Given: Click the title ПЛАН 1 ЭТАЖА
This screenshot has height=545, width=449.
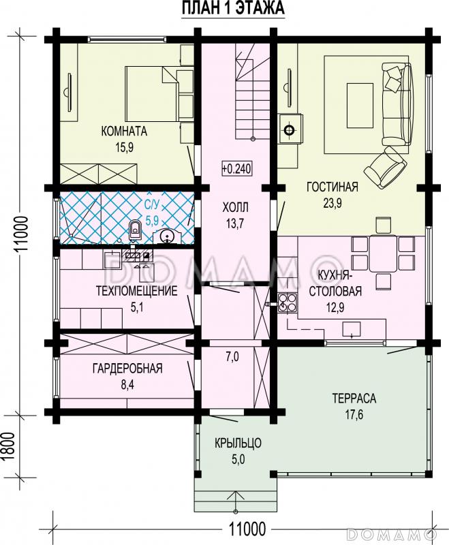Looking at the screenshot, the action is (233, 8).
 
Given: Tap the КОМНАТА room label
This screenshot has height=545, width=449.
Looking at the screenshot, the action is (124, 131).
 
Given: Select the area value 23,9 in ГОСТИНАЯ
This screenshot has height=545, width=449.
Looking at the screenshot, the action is (332, 202).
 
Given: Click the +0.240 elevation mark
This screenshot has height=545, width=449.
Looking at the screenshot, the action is (236, 168).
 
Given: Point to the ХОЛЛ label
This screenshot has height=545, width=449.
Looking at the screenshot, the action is (235, 208).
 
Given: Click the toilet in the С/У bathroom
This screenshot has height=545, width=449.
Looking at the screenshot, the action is (135, 230).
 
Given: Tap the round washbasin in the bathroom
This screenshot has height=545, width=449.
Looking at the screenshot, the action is (168, 236).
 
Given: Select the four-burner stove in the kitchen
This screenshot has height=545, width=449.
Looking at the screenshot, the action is (288, 302).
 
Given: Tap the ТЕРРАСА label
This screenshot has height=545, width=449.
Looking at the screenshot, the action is (354, 398).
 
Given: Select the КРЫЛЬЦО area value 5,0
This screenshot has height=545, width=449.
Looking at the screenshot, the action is (238, 459).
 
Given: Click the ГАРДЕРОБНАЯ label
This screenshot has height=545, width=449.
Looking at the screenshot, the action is (127, 368).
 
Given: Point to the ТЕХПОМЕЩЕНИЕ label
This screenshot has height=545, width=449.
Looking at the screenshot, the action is (136, 291).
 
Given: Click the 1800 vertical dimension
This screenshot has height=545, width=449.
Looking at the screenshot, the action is (10, 446).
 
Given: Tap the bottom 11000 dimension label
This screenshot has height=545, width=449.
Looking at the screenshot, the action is (247, 529).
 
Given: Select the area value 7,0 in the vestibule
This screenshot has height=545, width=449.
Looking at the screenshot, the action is (232, 356).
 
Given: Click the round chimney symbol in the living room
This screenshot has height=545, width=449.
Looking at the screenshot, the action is (289, 130).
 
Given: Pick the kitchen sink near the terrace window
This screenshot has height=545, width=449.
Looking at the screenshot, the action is (352, 329).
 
